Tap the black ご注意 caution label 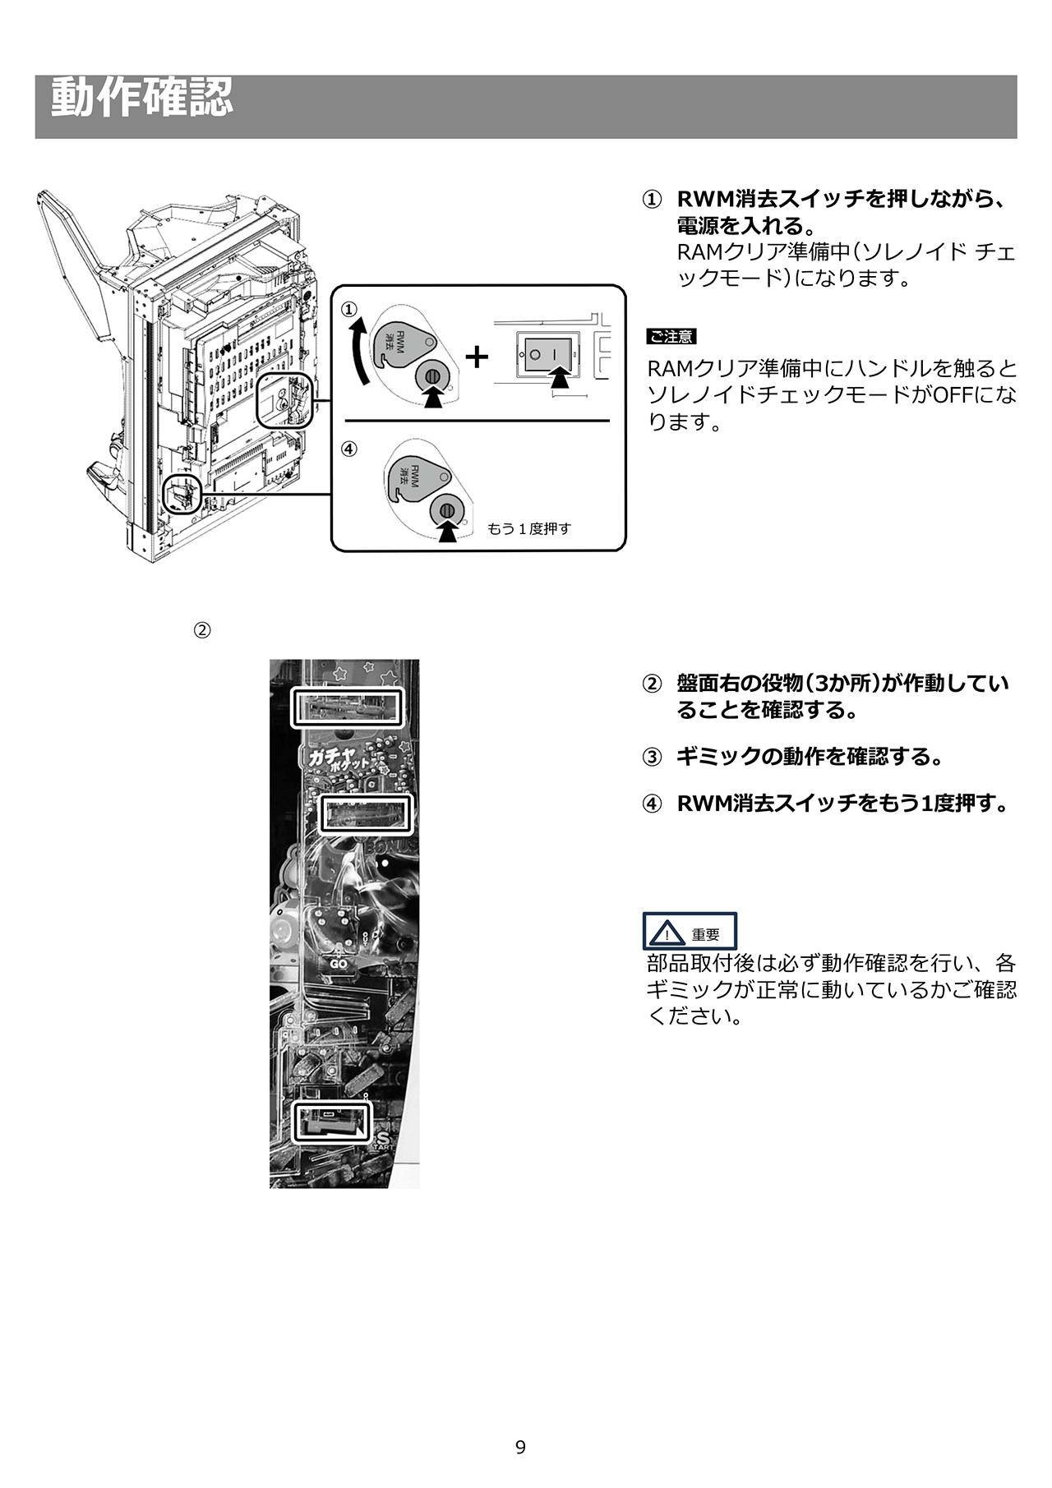click(671, 336)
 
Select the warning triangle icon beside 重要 click(667, 933)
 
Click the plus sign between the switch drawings click(477, 357)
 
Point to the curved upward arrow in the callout click(357, 353)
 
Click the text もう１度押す click(529, 528)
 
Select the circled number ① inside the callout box click(350, 308)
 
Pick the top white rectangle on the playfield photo click(348, 707)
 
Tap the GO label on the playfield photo click(339, 963)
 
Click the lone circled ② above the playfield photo click(201, 630)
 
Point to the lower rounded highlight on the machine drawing click(182, 494)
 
